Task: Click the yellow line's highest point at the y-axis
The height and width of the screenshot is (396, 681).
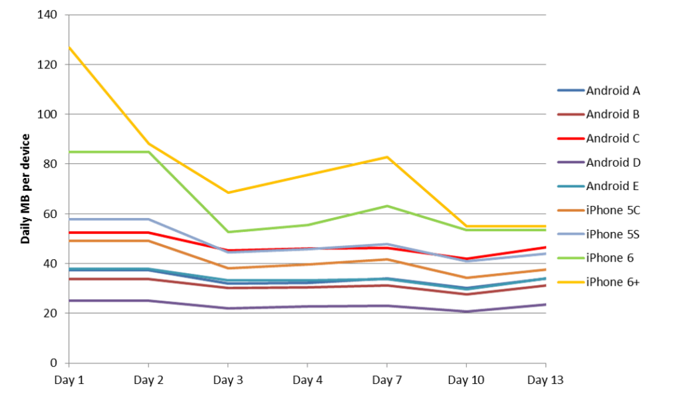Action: pyautogui.click(x=69, y=48)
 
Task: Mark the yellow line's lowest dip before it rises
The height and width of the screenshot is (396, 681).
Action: pyautogui.click(x=228, y=192)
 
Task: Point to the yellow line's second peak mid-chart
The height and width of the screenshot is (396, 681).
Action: pyautogui.click(x=387, y=157)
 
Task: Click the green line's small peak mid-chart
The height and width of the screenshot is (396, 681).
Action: pyautogui.click(x=387, y=206)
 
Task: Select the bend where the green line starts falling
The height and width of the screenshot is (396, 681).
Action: pyautogui.click(x=148, y=151)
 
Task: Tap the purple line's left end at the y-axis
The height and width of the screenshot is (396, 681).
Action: pyautogui.click(x=69, y=301)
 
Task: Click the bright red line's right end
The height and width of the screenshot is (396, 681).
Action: pyautogui.click(x=545, y=247)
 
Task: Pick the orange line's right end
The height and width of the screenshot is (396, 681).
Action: pyautogui.click(x=545, y=270)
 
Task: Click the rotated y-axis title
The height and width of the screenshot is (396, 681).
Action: pyautogui.click(x=27, y=199)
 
